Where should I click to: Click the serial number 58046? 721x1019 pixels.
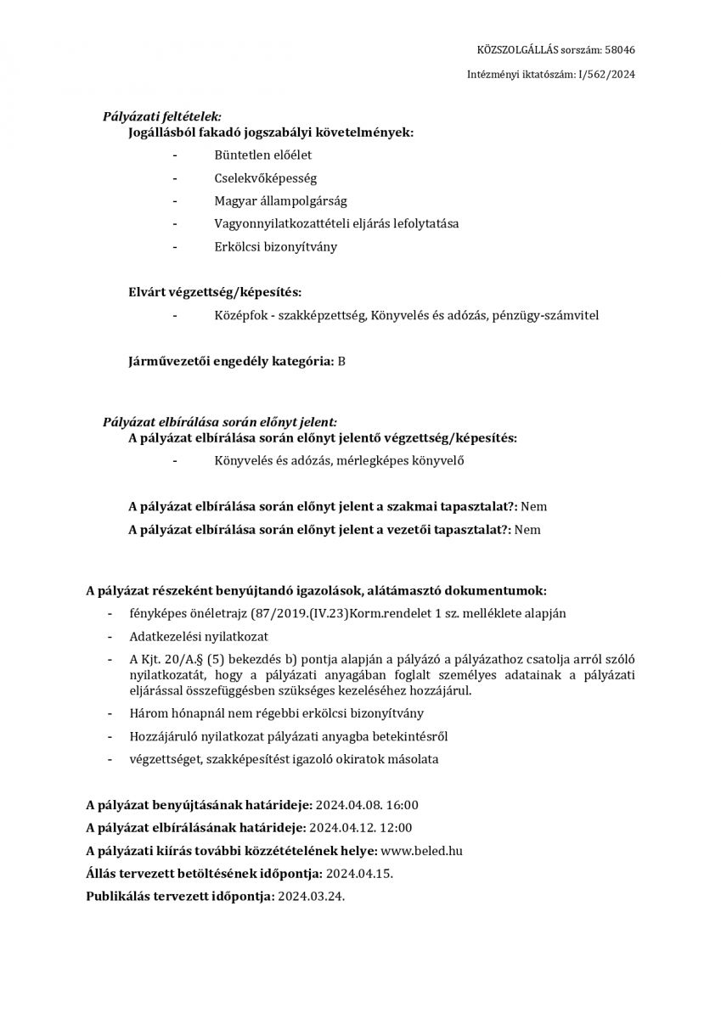click(x=619, y=50)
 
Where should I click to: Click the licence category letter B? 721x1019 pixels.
click(x=341, y=361)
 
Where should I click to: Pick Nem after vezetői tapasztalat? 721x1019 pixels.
click(x=527, y=530)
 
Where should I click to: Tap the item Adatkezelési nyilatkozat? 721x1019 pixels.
click(x=188, y=636)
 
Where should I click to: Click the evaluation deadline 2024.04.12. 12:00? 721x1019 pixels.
click(x=361, y=828)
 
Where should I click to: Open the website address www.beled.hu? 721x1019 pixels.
click(x=422, y=850)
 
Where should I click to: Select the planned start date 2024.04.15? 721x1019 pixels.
click(x=359, y=873)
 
